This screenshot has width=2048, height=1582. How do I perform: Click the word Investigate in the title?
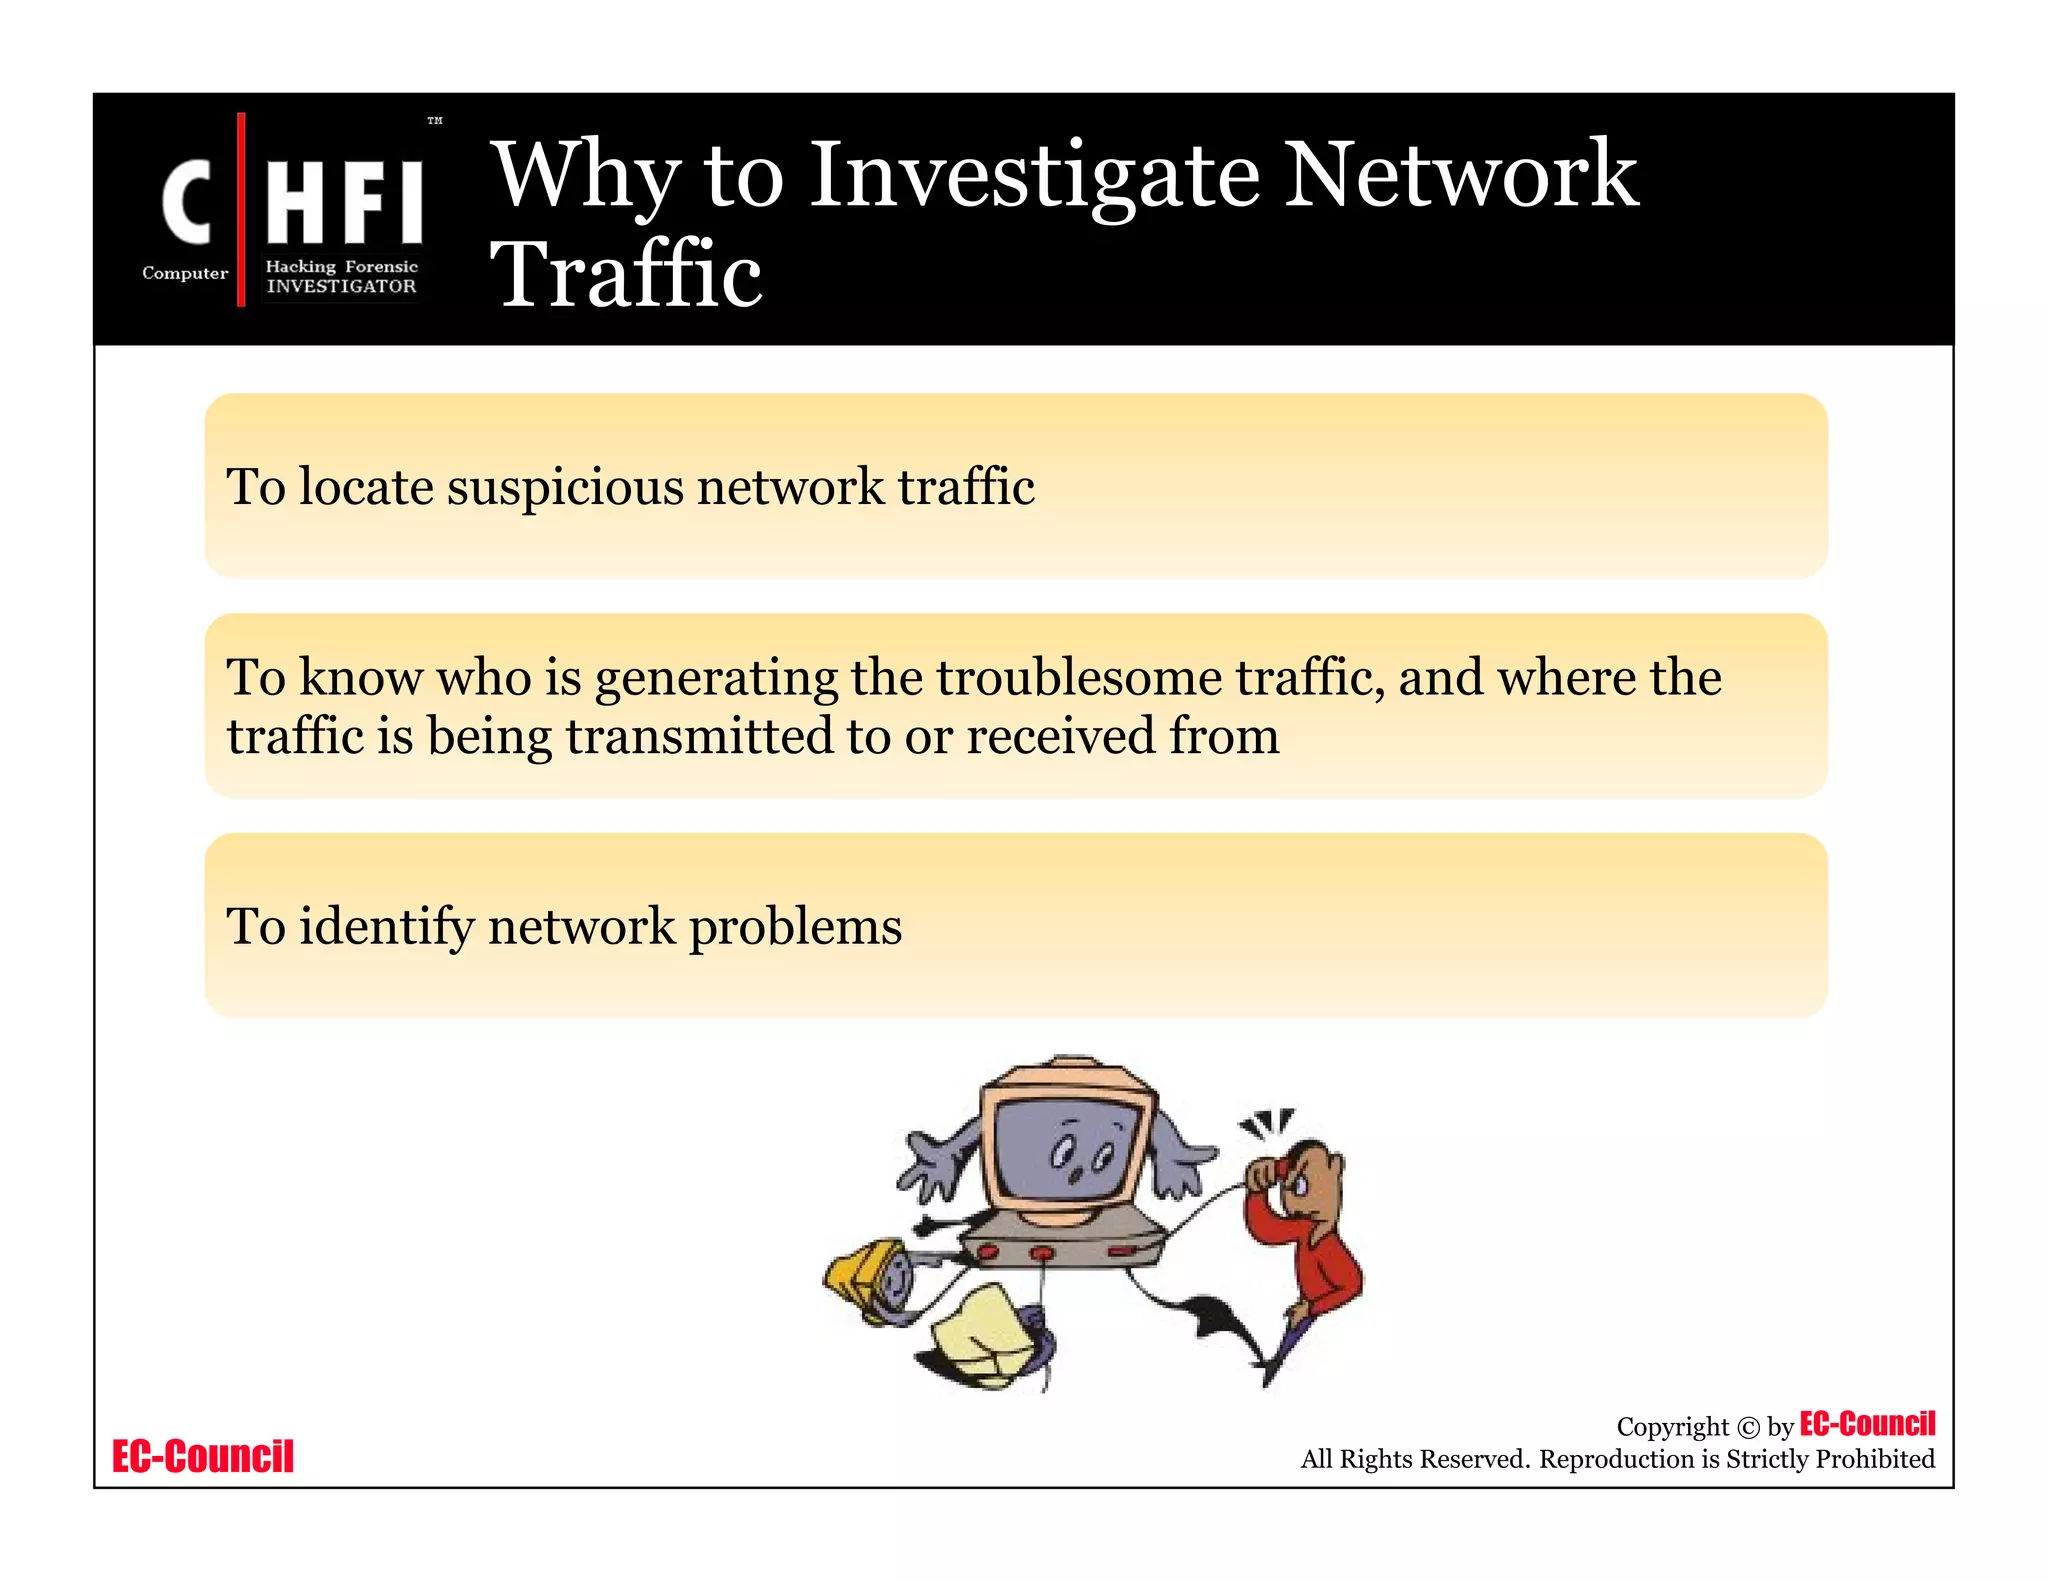coord(1034,177)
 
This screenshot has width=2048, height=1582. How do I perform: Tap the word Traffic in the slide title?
coord(627,274)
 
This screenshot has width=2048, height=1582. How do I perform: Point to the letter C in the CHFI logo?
coord(187,203)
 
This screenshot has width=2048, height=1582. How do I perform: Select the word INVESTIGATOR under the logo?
coord(341,287)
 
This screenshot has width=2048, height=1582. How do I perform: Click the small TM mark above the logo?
coord(435,121)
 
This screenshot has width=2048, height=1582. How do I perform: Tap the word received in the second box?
coord(1060,737)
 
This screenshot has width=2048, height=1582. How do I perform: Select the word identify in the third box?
coord(386,927)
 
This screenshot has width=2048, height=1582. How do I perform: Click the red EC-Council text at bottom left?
coord(203,1456)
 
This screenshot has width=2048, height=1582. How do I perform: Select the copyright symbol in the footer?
coord(1747,1428)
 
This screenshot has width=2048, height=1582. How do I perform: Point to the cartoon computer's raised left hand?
coord(932,1165)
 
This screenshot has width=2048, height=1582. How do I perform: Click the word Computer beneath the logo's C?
coord(185,273)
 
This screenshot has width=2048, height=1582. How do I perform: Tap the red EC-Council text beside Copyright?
coord(1867,1423)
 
